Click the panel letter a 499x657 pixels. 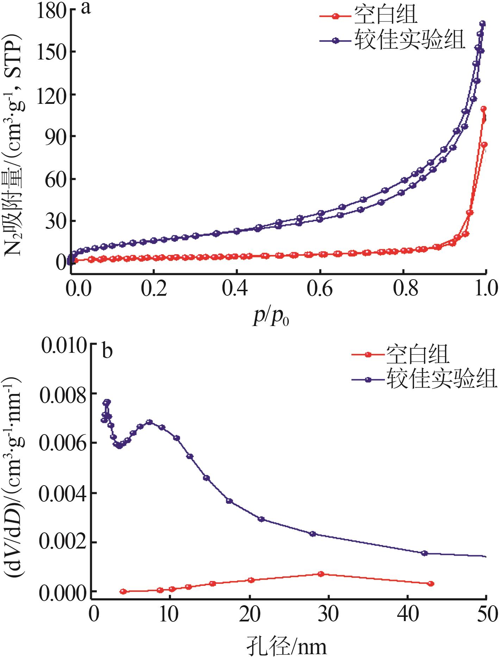point(86,8)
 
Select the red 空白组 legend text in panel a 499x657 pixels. point(386,15)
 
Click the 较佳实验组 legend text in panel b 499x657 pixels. point(442,378)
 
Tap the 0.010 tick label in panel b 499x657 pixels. point(63,347)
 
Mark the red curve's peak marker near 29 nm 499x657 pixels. point(321,574)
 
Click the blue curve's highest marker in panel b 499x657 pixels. point(108,402)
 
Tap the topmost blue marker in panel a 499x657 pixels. point(482,24)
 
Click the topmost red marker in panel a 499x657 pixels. point(484,109)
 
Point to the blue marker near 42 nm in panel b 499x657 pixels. point(424,553)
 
